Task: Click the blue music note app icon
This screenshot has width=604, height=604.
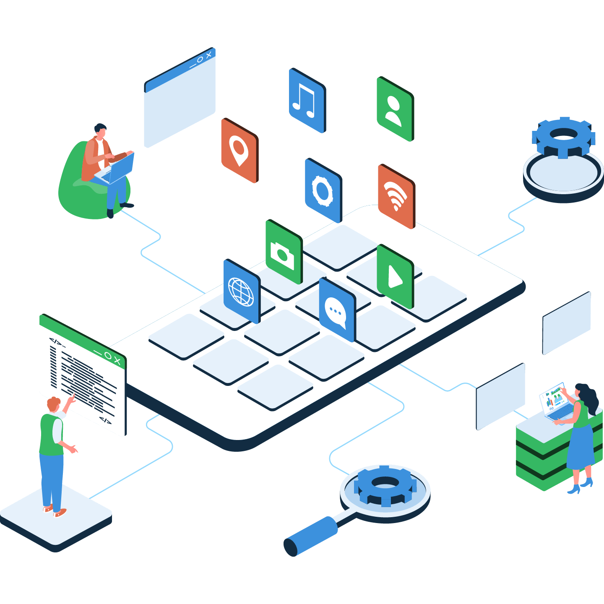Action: point(307,101)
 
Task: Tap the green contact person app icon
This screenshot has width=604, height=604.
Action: point(394,109)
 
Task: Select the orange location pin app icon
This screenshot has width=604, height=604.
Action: point(239,151)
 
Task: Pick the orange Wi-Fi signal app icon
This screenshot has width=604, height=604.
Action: point(396,196)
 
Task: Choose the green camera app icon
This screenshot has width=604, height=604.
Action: point(283,252)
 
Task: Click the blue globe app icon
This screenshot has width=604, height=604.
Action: point(241,291)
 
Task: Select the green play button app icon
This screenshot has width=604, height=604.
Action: point(394,276)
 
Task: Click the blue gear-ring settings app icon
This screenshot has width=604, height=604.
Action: point(323,190)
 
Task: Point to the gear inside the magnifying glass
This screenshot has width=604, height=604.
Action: point(385,485)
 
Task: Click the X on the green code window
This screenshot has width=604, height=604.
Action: point(117,361)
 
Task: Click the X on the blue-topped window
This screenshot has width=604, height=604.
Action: point(208,55)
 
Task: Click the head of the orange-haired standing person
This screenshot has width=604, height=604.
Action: point(53,405)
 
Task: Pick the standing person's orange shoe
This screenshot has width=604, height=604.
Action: point(60,513)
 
